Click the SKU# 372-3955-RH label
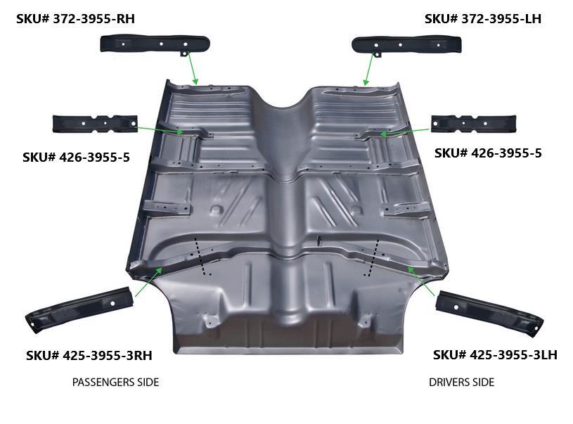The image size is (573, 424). coord(75,19)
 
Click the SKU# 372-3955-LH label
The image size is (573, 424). coord(483,18)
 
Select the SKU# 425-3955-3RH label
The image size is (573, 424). coord(89,355)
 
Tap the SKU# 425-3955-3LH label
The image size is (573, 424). coord(495,354)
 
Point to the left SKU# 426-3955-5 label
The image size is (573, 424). coord(76,157)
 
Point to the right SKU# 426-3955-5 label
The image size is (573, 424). coord(488,153)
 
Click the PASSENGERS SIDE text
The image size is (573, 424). coord(115,382)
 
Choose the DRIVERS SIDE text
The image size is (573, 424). coord(461,382)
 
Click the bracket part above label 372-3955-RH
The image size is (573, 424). coord(155,44)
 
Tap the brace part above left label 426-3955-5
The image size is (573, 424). coord(94,123)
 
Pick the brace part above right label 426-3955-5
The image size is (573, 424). coord(473,124)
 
